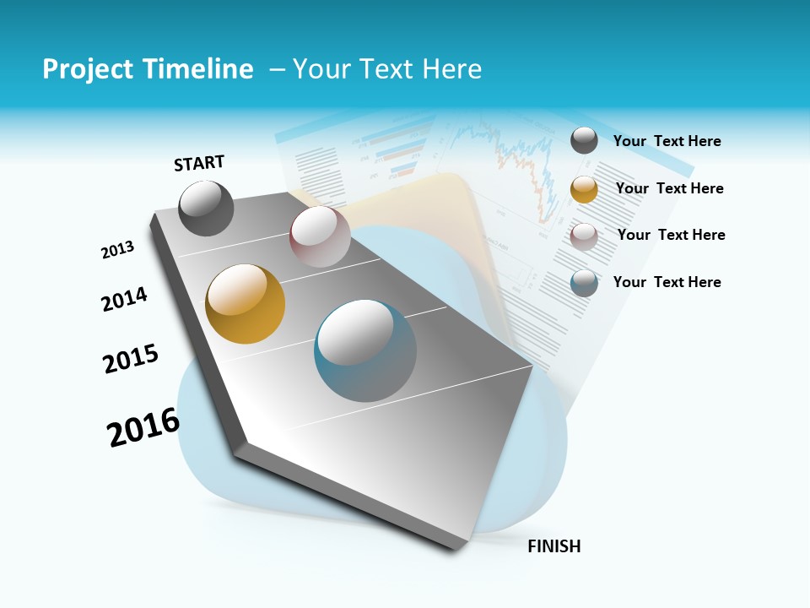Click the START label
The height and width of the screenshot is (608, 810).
[x=199, y=163]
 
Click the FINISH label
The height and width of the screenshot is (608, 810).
[x=554, y=546]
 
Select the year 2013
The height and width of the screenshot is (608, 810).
[x=117, y=250]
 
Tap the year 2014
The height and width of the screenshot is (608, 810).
[x=124, y=299]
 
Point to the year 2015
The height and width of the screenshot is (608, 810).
[x=131, y=359]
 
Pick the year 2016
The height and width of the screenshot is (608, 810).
[x=143, y=427]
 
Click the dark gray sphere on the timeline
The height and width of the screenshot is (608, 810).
[x=206, y=208]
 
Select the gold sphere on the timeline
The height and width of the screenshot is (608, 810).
[x=246, y=304]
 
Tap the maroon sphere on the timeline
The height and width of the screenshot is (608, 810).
[x=320, y=236]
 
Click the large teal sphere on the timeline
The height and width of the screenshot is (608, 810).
[x=365, y=350]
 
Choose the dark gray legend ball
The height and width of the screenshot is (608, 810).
[x=584, y=140]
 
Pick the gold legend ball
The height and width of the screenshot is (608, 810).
[x=584, y=189]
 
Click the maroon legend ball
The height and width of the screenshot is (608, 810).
[x=584, y=236]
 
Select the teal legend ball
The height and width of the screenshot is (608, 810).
[x=584, y=283]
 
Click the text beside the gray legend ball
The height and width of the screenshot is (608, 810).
[x=667, y=141]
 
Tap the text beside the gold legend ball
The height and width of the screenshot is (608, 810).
[x=670, y=188]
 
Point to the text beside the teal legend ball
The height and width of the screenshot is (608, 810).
[x=667, y=282]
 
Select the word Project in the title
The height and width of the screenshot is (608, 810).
[x=87, y=69]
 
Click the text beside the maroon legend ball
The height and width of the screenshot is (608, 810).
[x=672, y=235]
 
